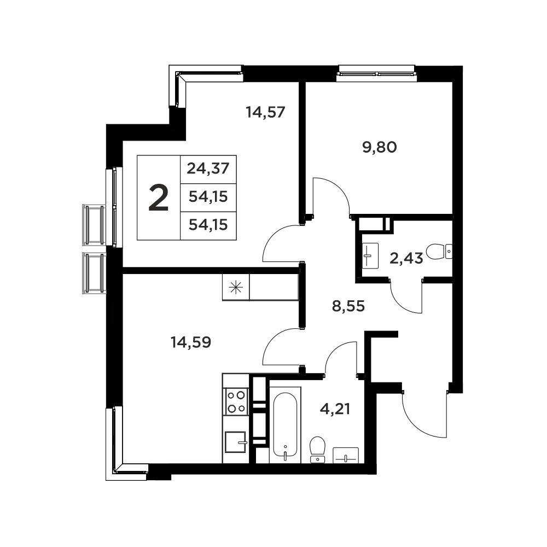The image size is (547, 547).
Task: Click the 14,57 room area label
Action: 265,112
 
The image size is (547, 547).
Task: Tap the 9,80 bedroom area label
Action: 380,147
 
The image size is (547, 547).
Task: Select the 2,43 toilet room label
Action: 406,259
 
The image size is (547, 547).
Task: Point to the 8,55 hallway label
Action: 348,306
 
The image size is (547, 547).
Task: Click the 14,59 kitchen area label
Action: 191,342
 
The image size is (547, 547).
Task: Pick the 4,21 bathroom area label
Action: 335,409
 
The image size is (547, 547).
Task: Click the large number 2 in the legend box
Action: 159,198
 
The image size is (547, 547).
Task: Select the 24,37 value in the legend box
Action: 208,169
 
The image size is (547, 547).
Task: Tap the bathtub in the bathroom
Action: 285,424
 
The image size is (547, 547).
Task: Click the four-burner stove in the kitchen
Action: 236,401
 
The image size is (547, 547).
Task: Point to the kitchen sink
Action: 235,441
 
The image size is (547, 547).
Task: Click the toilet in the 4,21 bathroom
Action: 317,449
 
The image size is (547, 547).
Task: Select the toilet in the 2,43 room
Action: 439,251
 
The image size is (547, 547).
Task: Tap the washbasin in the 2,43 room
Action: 370,255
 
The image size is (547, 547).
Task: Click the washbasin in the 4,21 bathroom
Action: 346,455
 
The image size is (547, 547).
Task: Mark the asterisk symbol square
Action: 236,287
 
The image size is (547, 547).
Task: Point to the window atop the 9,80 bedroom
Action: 377,74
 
